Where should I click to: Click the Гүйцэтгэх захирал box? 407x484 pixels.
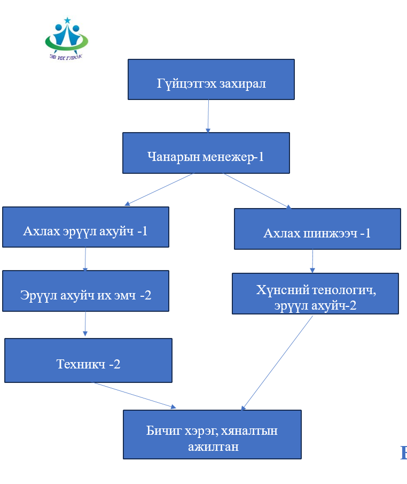coord(211,79)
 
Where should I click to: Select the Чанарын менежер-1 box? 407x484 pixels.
coord(206,153)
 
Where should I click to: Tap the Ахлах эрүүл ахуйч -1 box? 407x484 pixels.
coord(85,227)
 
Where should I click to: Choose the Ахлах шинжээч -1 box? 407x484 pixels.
coord(317,229)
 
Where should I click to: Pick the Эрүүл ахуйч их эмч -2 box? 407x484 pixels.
coord(85,291)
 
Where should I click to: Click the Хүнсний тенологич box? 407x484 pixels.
coord(315,293)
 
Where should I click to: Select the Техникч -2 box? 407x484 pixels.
coord(88,360)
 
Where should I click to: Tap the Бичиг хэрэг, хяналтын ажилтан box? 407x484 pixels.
coord(212,434)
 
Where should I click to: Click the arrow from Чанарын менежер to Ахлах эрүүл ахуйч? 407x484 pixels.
coord(159,189)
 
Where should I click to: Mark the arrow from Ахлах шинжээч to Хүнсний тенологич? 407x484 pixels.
coord(312,261)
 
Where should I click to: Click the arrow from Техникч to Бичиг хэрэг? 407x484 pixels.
coord(135,395)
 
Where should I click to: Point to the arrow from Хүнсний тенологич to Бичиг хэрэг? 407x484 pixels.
coord(278,362)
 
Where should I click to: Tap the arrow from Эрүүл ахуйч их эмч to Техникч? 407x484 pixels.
coord(85,324)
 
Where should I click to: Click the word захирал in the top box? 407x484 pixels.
coord(242,84)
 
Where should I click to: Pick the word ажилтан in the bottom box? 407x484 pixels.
coord(213,446)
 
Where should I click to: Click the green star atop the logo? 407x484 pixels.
coord(67,20)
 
